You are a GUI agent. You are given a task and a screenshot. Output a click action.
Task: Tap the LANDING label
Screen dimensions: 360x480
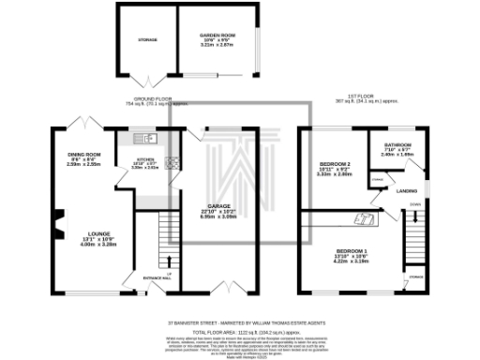406,192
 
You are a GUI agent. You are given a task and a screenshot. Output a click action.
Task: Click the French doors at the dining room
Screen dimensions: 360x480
84,124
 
